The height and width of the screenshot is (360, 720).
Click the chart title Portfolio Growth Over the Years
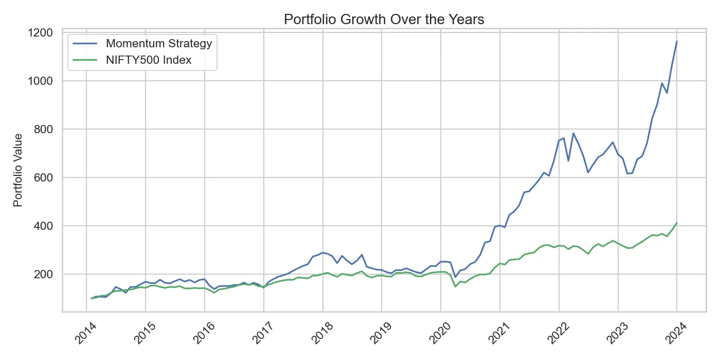coord(384,20)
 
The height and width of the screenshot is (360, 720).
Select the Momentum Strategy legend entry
coord(158,43)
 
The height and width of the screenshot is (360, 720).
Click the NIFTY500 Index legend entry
coord(148,60)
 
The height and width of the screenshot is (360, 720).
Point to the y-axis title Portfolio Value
coord(19,170)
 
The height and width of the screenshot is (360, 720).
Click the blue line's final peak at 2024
coord(677,41)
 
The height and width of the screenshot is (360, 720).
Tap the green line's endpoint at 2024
coord(677,223)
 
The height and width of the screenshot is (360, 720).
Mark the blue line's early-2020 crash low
coord(455,277)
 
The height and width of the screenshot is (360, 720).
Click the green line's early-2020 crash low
coord(455,286)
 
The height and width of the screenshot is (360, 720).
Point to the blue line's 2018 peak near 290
coord(322,253)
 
